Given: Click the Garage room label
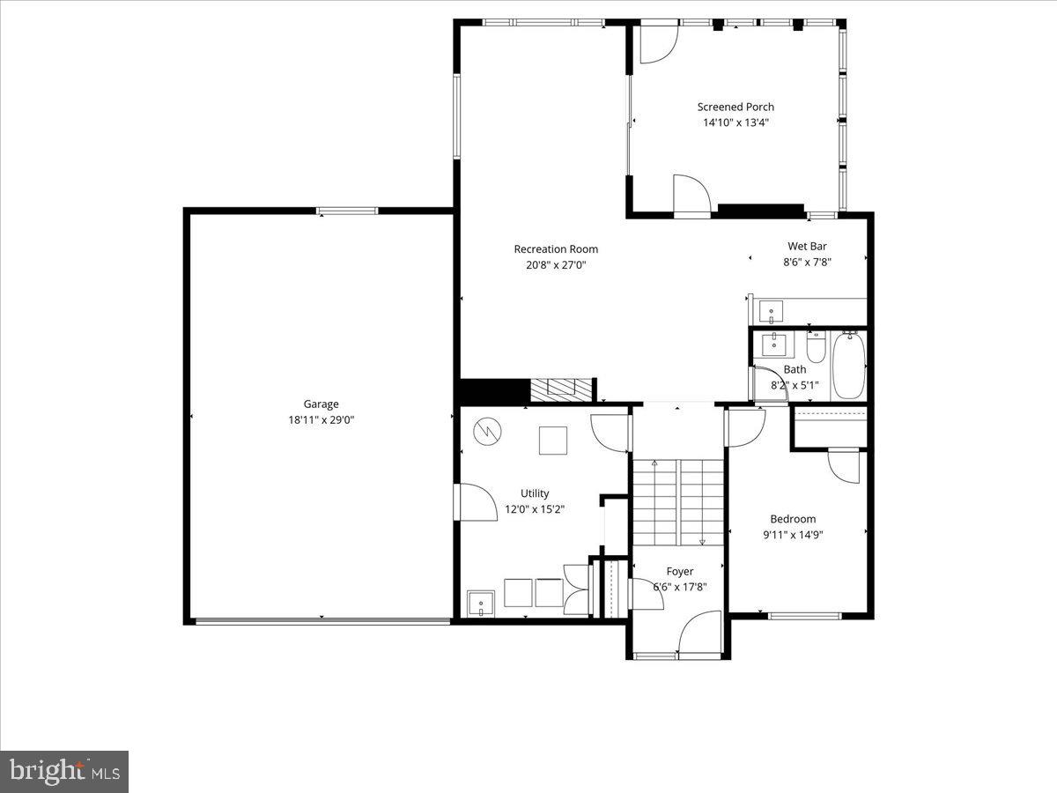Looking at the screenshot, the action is [x=321, y=404].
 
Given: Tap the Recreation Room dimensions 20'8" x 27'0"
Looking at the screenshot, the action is [x=556, y=265].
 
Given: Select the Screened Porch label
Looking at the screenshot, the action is [x=735, y=107].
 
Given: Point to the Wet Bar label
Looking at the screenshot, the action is [x=807, y=246].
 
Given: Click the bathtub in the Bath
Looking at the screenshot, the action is [x=849, y=365].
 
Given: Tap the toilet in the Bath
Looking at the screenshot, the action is [x=817, y=346].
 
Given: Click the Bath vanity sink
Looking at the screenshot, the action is [x=774, y=345].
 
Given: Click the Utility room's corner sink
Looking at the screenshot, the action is [x=481, y=604].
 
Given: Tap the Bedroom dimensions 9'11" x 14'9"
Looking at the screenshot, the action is [x=793, y=535].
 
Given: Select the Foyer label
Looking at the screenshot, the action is [x=680, y=571].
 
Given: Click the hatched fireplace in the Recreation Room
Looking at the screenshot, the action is [x=561, y=390].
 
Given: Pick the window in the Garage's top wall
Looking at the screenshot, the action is [x=347, y=211].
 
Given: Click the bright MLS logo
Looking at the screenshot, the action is [x=64, y=771].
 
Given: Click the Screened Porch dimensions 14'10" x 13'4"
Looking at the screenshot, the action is [x=735, y=122].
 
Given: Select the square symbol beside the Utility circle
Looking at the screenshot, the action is [x=553, y=440].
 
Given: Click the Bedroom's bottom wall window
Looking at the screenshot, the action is [x=805, y=616].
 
